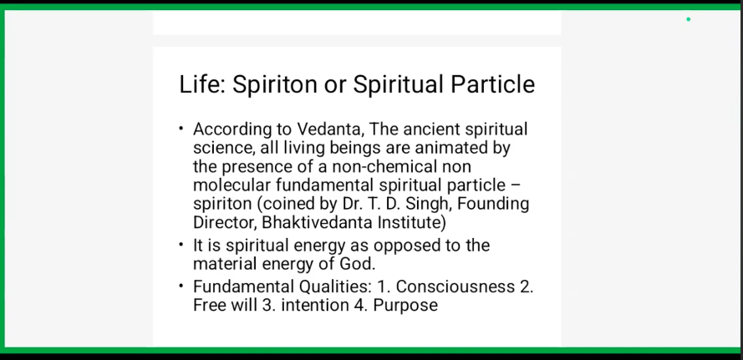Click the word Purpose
(405, 306)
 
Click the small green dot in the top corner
(689, 19)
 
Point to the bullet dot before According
(181, 128)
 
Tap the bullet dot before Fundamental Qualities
(181, 286)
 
